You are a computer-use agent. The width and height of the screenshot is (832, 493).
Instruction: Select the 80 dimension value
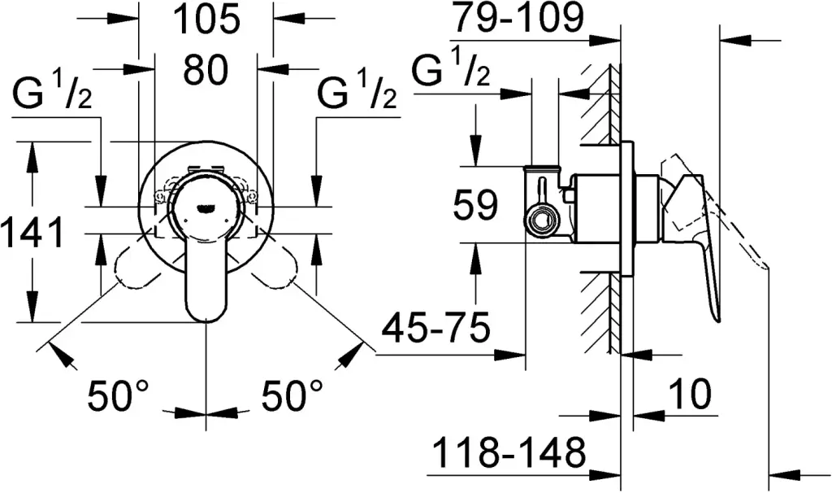205,72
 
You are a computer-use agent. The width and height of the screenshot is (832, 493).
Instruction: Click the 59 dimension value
474,206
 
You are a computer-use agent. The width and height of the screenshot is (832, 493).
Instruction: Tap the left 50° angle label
119,397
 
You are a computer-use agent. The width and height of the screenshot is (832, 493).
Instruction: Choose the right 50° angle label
292,397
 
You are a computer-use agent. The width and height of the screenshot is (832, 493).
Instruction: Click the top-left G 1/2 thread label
52,96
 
